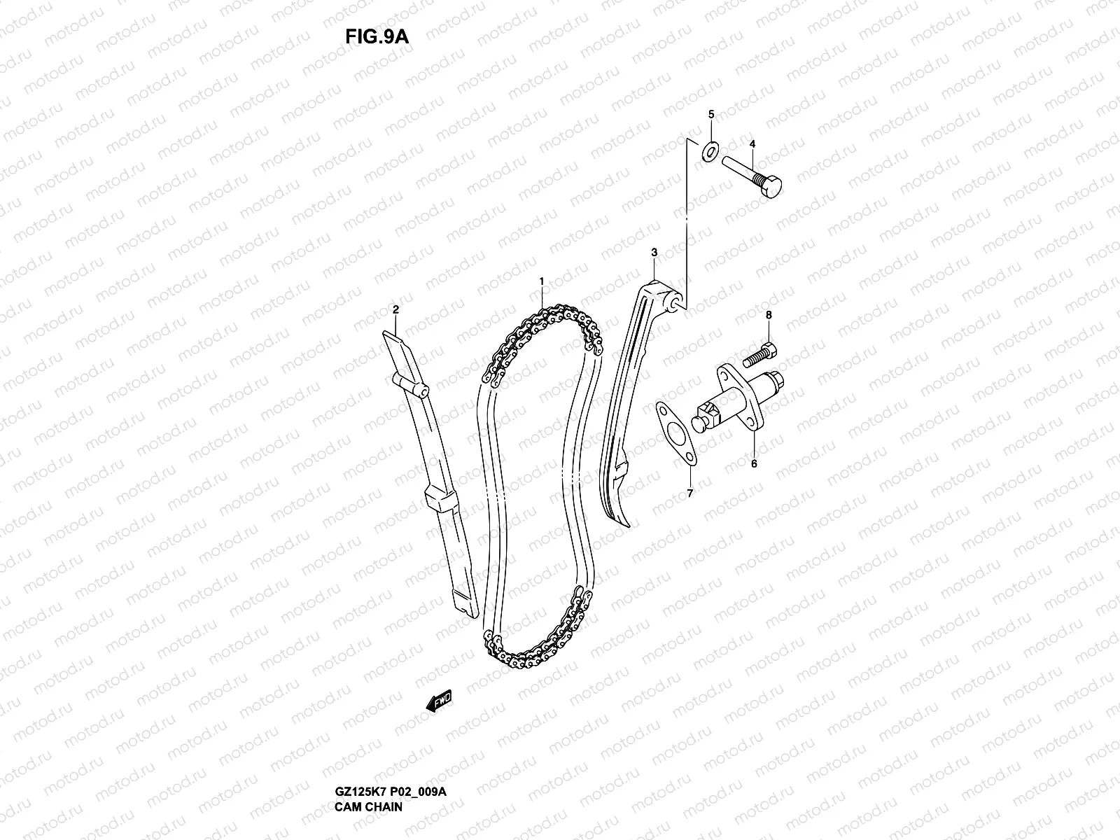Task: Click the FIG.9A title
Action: click(x=377, y=36)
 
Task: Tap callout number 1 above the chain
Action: click(x=541, y=281)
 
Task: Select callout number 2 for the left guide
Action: click(x=395, y=309)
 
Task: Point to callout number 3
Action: click(x=654, y=251)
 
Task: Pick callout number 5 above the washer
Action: click(x=710, y=113)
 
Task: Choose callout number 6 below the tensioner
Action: click(x=754, y=463)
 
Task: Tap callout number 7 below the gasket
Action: click(x=689, y=493)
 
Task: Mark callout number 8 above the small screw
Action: click(x=768, y=315)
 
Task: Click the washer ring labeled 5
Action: click(x=711, y=150)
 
